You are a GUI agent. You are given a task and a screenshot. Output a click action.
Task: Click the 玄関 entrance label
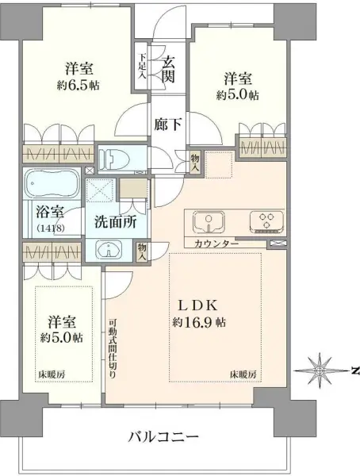click(x=167, y=68)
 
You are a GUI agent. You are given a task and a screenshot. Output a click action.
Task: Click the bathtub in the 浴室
click(x=49, y=186)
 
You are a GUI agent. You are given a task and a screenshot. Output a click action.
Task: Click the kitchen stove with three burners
click(x=263, y=220)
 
